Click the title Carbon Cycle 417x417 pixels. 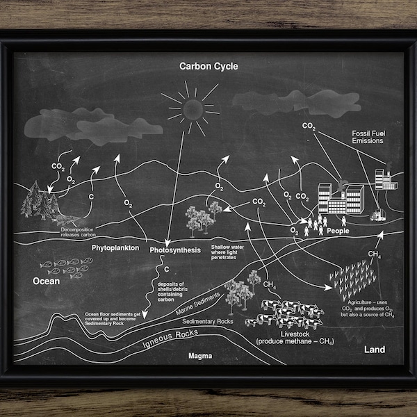(x=208, y=67)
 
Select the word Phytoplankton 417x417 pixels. (x=115, y=247)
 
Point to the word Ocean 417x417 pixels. (x=46, y=281)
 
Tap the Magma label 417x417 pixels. (x=200, y=355)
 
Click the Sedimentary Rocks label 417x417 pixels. (x=207, y=322)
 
